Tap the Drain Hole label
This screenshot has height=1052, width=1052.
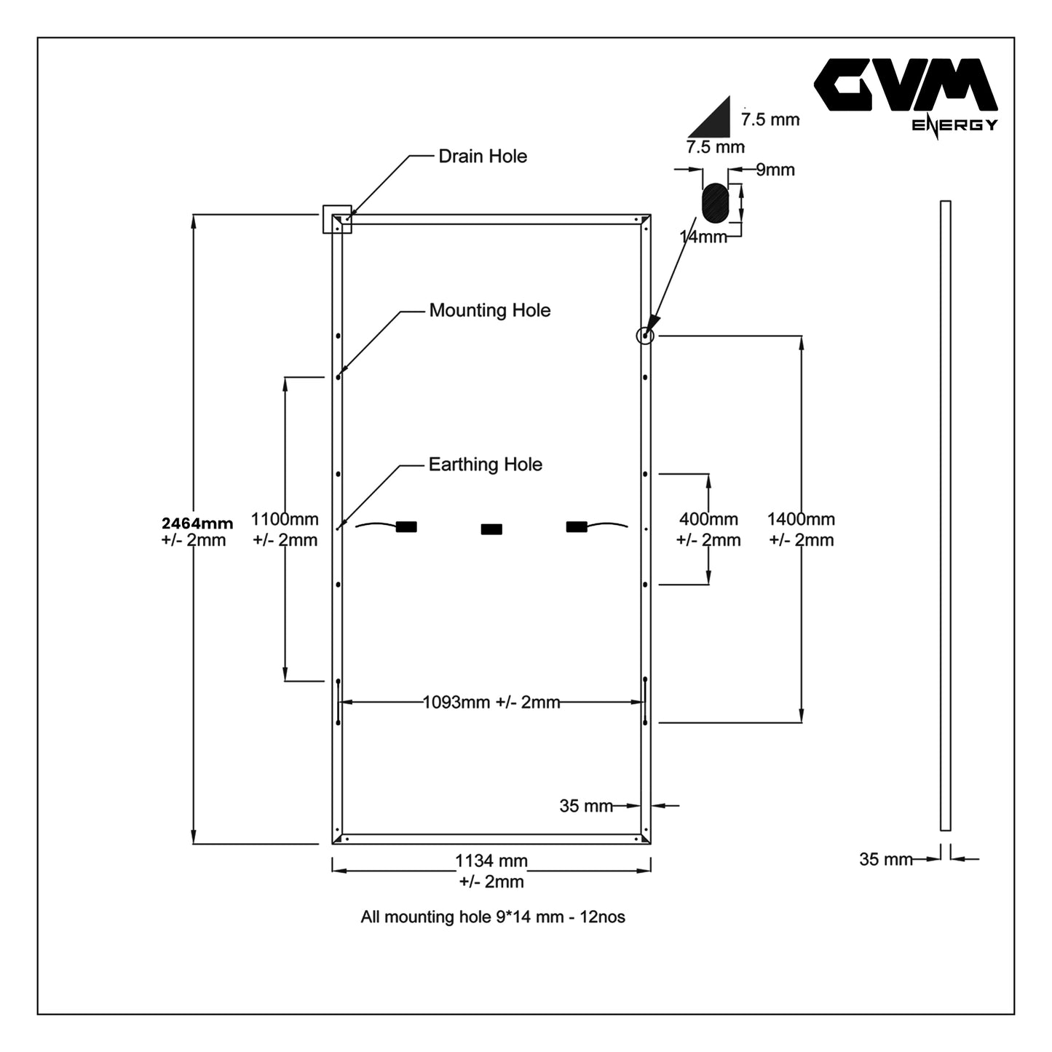(x=482, y=157)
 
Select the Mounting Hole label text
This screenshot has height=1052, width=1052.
(x=489, y=311)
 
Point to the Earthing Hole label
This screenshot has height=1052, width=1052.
(x=485, y=464)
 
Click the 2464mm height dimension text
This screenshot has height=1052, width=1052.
(x=197, y=523)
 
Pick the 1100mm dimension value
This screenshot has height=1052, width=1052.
(x=285, y=520)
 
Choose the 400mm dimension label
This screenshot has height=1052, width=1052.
(x=708, y=520)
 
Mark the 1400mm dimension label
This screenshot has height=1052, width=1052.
(x=801, y=520)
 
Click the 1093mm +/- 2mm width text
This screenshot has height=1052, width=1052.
(x=491, y=703)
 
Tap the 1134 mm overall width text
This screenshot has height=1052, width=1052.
(x=491, y=861)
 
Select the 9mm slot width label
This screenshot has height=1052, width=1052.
(x=775, y=170)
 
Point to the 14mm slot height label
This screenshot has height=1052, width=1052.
(x=703, y=237)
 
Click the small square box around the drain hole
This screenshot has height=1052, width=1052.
(x=337, y=219)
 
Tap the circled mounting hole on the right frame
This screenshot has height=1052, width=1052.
(x=645, y=336)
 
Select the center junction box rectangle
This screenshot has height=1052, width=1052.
(x=491, y=529)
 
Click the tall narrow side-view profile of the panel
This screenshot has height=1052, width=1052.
(x=945, y=515)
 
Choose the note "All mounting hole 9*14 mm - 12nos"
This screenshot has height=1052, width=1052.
(x=493, y=917)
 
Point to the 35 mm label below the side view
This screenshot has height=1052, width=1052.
(x=885, y=860)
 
